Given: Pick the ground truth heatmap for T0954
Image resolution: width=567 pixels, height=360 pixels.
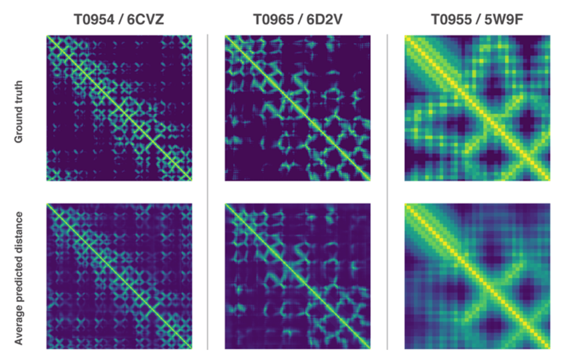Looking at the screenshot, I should [119, 109].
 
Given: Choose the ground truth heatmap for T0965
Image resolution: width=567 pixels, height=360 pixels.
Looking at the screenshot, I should [298, 109].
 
